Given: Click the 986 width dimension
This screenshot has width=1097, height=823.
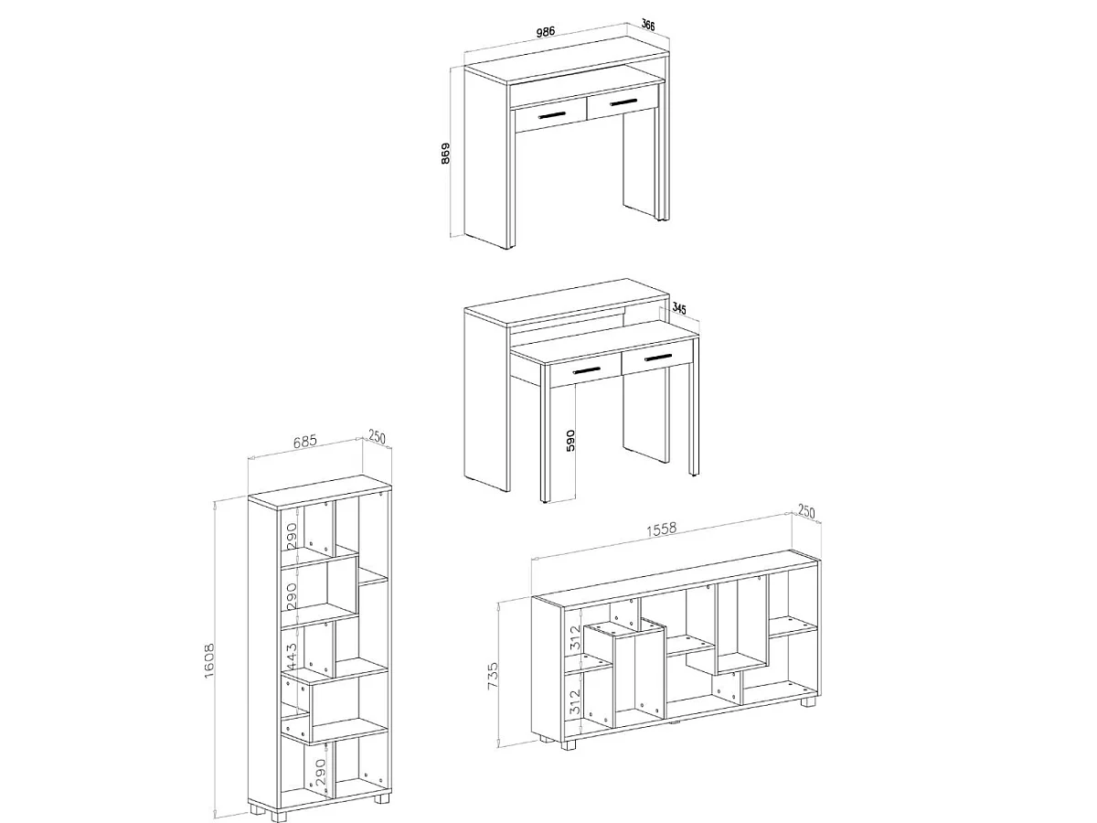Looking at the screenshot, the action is [x=545, y=31].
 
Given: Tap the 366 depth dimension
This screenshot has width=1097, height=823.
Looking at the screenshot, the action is [x=648, y=25].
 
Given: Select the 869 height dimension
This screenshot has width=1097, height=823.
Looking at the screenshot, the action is [x=445, y=154].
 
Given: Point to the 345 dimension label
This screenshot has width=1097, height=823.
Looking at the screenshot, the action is [x=678, y=308].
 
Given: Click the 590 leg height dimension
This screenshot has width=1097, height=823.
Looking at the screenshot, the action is [x=570, y=440].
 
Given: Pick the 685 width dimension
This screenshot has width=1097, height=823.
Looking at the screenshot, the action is [x=304, y=441].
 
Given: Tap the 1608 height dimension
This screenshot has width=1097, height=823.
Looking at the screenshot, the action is [x=209, y=660].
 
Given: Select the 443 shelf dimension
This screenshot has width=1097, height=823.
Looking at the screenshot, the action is [x=292, y=657].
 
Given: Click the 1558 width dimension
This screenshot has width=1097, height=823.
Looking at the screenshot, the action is [x=661, y=529].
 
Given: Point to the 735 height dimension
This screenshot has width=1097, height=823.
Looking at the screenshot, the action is [x=493, y=676].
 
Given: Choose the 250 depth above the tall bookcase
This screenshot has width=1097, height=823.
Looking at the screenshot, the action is [x=377, y=438].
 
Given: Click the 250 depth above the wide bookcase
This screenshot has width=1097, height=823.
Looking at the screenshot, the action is [x=806, y=512].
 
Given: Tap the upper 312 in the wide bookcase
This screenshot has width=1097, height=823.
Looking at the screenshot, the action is [x=575, y=637].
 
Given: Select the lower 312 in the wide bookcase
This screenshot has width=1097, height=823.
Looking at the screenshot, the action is [x=575, y=701].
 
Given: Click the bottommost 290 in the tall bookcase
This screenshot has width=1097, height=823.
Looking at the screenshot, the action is [x=320, y=771].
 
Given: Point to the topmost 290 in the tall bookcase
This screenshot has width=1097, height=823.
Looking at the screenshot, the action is [x=292, y=536].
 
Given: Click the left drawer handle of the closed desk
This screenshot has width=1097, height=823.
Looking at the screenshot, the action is [x=552, y=115].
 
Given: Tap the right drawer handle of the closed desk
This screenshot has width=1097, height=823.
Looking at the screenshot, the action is [x=623, y=102].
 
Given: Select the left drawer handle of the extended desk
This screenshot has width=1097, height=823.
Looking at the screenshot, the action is [x=587, y=370].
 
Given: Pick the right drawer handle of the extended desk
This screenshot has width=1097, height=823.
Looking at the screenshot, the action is [x=659, y=358].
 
